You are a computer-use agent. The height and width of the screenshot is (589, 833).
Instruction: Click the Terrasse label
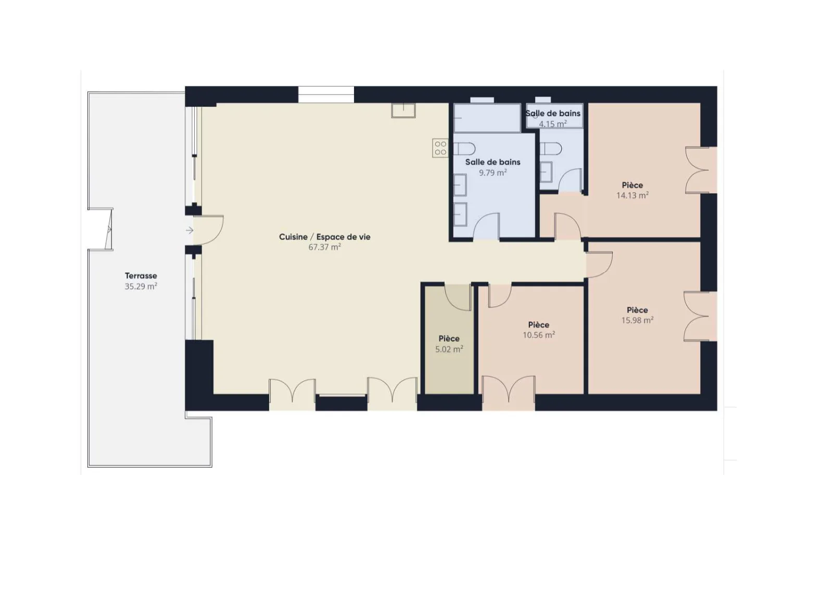[141, 276]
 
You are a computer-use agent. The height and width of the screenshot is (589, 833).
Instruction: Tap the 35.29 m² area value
[141, 286]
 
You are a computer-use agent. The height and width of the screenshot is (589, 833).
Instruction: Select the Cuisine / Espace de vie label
[325, 237]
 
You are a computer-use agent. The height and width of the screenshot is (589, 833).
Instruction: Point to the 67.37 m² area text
[325, 247]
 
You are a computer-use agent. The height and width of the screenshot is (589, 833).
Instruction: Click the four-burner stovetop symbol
[440, 148]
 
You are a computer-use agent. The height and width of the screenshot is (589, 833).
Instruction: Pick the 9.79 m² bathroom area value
[493, 173]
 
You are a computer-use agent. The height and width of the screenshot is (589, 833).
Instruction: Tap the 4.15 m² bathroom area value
[553, 123]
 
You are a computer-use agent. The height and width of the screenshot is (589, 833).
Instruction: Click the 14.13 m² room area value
[633, 195]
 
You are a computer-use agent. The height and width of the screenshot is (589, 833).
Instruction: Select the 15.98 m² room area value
[637, 320]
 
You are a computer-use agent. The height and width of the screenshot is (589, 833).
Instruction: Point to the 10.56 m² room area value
[539, 335]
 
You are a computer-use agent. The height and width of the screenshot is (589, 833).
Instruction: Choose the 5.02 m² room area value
[449, 349]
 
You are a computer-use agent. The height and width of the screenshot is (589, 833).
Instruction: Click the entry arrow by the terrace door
[190, 230]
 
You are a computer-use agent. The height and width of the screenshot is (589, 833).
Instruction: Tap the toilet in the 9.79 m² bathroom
[464, 149]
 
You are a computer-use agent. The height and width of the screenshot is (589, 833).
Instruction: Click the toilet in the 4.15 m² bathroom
[551, 149]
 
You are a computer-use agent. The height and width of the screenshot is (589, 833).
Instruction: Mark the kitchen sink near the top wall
[403, 110]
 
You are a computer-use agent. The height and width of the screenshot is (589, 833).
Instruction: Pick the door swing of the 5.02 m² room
[458, 297]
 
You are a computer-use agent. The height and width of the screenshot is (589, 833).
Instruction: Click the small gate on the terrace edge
[109, 229]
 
